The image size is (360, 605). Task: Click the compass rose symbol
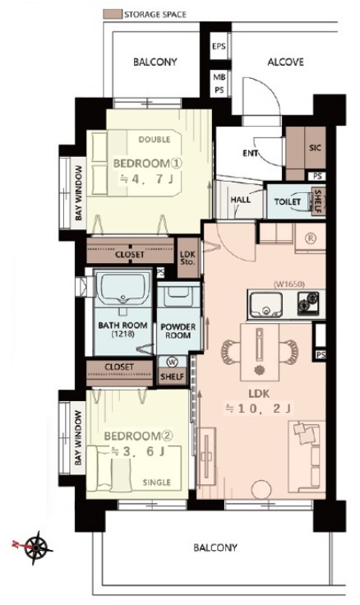38,547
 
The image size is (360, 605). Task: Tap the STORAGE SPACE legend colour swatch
113,15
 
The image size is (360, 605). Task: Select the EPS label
219,47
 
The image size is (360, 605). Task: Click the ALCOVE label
285,62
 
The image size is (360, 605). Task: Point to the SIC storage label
316,147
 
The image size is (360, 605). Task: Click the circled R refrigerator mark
311,238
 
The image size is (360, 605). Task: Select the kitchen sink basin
265,304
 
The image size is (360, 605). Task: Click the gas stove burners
308,302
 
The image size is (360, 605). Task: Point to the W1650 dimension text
289,284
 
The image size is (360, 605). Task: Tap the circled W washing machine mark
172,363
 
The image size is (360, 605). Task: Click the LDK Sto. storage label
188,258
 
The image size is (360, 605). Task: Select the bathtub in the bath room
123,289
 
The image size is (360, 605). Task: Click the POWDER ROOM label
178,331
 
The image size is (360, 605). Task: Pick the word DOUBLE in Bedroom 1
155,139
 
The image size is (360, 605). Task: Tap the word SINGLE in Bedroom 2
157,483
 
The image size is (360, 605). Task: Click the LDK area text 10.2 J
259,409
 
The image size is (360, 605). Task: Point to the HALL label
241,200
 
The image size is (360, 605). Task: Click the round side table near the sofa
261,490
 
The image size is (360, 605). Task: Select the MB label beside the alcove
219,77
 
